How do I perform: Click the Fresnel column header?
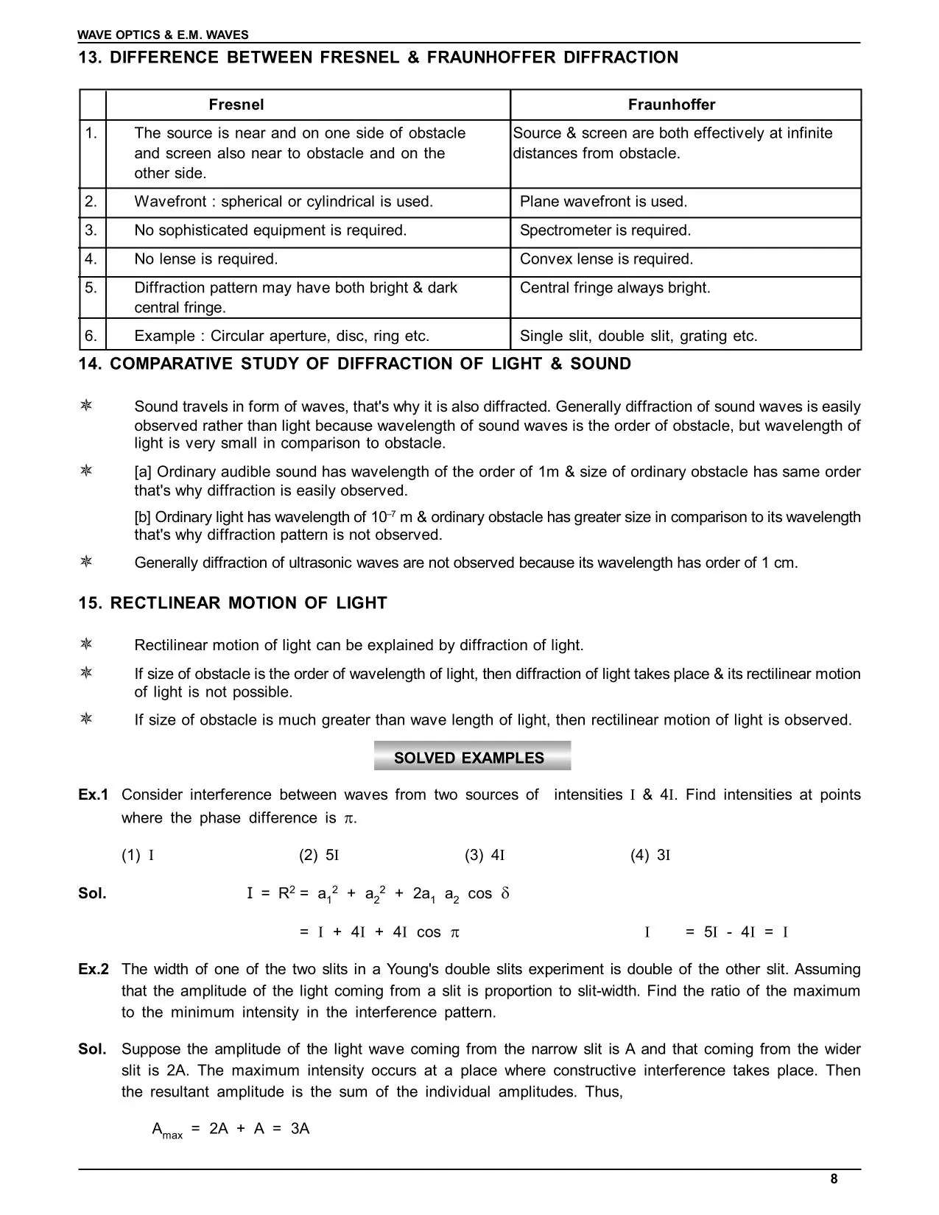coord(236,105)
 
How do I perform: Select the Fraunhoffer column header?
coord(671,105)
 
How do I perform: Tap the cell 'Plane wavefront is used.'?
coord(603,202)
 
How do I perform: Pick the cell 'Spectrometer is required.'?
coord(605,230)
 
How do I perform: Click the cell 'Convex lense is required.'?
coord(606,259)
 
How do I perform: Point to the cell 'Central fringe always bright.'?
coord(615,288)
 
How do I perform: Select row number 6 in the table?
coord(91,336)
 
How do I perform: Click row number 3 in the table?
coord(91,230)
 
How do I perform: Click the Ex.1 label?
coord(94,795)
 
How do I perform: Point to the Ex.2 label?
coord(94,970)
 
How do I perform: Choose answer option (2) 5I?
coord(318,856)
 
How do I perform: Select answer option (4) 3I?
coord(650,856)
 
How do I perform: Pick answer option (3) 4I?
coord(484,856)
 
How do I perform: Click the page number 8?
coord(834,1179)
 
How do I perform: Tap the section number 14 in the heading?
coord(89,364)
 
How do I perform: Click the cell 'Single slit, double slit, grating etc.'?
coord(639,337)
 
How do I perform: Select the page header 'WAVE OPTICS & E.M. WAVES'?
coord(163,35)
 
